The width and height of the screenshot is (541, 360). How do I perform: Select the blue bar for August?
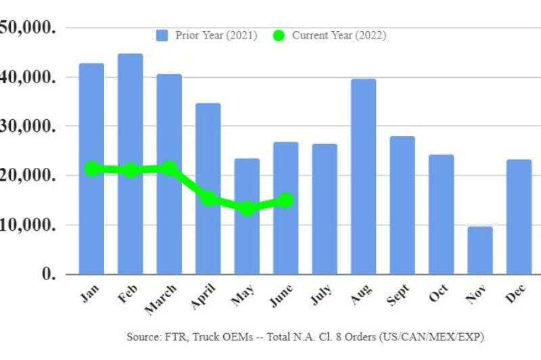[363, 176]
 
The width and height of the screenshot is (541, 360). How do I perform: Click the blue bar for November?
[480, 250]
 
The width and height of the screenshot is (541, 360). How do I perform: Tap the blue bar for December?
[519, 217]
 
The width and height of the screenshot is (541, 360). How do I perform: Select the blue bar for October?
[441, 214]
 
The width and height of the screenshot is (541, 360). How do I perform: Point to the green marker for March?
[170, 168]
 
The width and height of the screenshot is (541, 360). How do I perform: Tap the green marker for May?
[248, 208]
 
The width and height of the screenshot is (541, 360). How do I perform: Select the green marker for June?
[286, 200]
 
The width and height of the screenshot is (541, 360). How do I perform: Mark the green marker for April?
[208, 198]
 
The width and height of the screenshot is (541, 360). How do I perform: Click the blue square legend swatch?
[162, 35]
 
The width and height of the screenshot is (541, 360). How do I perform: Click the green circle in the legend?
[279, 35]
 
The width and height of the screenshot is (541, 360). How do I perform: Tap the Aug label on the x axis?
[360, 294]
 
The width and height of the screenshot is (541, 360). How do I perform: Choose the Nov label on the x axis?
[477, 294]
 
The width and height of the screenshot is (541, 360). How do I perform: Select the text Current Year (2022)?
[339, 35]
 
